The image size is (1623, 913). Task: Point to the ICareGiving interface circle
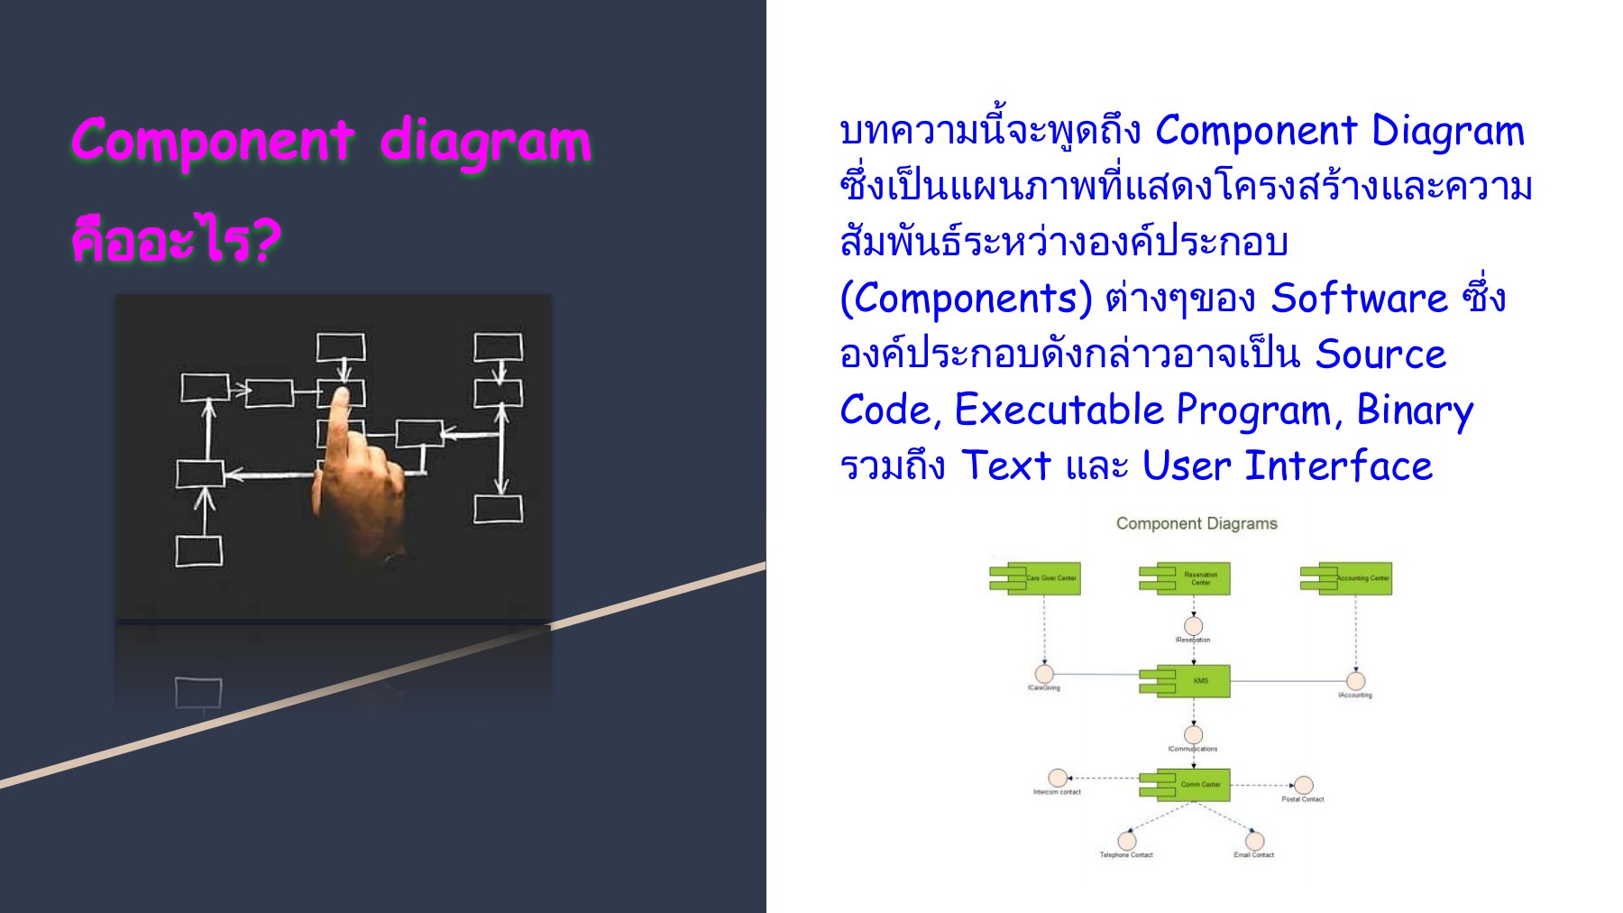click(1044, 674)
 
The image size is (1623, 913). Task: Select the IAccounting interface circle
click(1355, 681)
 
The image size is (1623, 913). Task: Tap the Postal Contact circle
click(1303, 785)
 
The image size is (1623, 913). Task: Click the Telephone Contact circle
click(1126, 841)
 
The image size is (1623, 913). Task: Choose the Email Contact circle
click(1254, 841)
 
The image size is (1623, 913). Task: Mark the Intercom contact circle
click(1058, 778)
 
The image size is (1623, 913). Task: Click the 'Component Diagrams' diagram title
click(1197, 523)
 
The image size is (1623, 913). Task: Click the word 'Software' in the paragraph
click(1359, 299)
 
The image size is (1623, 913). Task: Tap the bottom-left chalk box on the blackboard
click(198, 551)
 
